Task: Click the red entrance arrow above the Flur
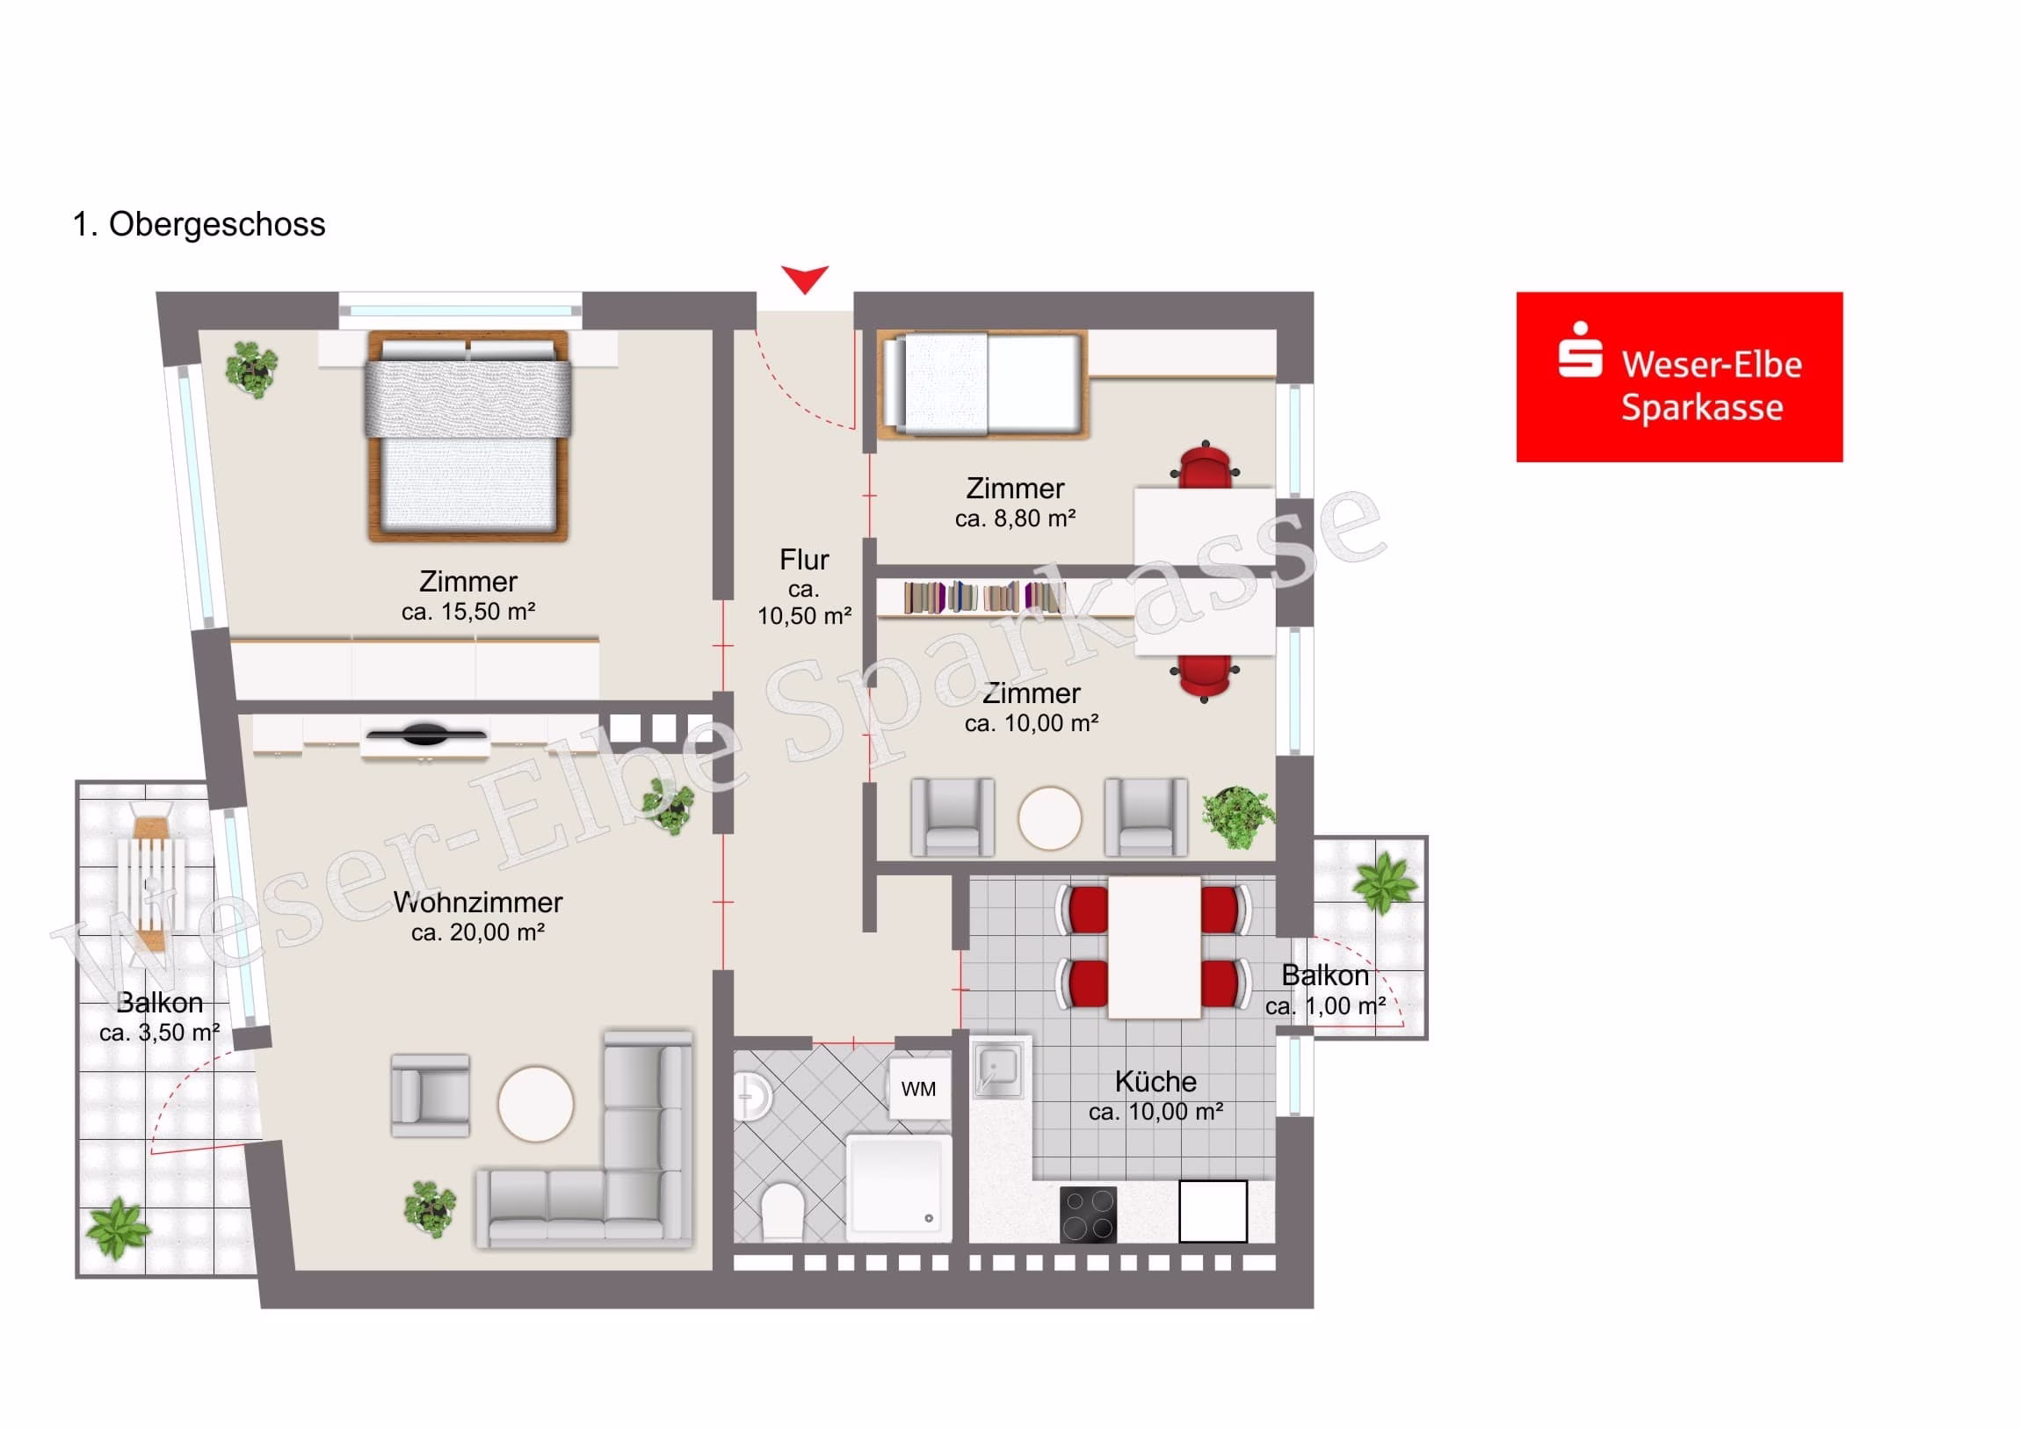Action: point(805,279)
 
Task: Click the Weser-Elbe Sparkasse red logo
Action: point(1678,377)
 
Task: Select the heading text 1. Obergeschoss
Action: point(199,224)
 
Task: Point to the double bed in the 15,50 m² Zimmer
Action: point(468,435)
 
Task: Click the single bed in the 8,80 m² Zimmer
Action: point(983,384)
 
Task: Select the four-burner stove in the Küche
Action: point(1088,1215)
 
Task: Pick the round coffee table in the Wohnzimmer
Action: point(535,1104)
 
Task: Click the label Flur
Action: point(805,560)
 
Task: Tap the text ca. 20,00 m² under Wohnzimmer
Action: point(478,932)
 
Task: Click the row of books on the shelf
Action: point(984,597)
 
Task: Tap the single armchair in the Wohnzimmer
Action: point(431,1095)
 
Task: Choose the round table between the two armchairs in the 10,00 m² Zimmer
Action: point(1049,818)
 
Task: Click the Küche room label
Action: point(1155,1082)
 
